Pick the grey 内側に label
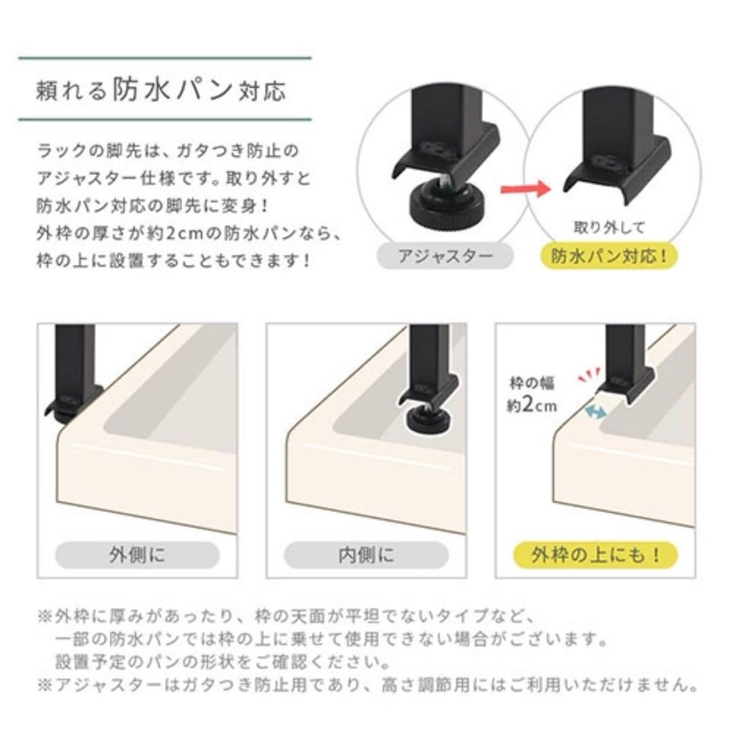coord(366,555)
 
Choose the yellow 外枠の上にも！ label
coord(595,555)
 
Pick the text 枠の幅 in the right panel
coord(532,383)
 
